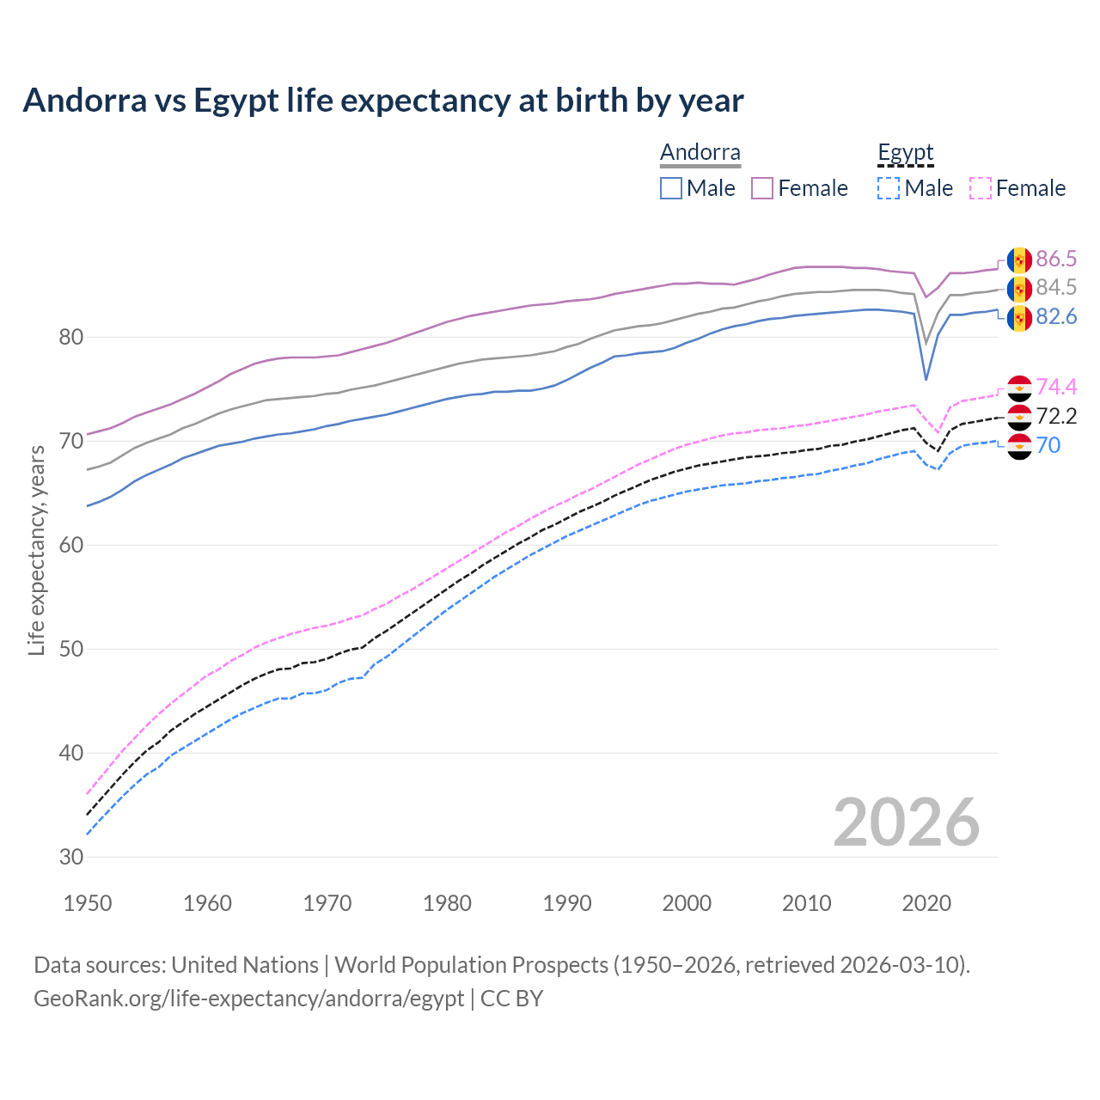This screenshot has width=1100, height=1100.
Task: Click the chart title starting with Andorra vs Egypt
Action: click(383, 101)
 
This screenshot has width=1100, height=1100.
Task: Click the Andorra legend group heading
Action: click(700, 153)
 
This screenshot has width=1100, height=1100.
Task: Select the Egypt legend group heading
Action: click(905, 153)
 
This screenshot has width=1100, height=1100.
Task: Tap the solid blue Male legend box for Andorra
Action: click(671, 188)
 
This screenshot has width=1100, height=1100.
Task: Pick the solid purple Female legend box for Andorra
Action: click(762, 188)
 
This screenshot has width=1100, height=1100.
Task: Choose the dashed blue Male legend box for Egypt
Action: click(889, 188)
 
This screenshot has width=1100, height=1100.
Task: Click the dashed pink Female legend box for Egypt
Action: click(981, 188)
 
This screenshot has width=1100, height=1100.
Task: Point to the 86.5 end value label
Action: click(1056, 259)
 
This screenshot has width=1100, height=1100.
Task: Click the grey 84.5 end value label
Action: click(1056, 287)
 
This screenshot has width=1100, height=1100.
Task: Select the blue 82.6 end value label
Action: click(1056, 317)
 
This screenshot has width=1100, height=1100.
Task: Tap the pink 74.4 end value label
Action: click(1056, 387)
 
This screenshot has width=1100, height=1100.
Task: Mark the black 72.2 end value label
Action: click(1056, 417)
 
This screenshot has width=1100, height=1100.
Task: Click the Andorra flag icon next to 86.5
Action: click(1019, 260)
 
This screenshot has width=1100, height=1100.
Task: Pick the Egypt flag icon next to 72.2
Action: click(1019, 418)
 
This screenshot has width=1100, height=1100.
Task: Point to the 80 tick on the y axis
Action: click(71, 337)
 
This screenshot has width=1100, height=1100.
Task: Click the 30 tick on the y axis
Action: click(71, 857)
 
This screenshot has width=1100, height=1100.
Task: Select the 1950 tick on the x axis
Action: click(88, 903)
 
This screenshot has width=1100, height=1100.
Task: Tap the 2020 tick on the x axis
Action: click(926, 903)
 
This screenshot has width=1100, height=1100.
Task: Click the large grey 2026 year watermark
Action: click(906, 822)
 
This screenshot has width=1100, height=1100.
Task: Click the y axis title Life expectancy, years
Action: click(37, 550)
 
